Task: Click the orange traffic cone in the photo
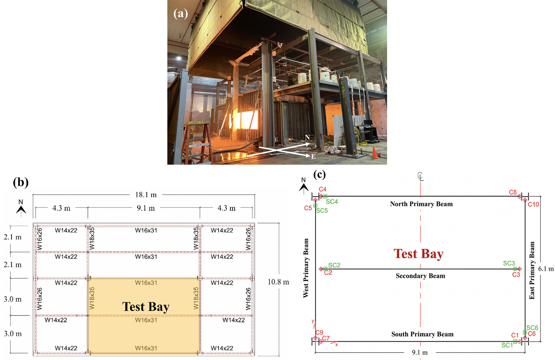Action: pyautogui.click(x=375, y=153)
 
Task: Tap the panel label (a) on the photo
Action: pyautogui.click(x=181, y=13)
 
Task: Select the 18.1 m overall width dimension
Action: pyautogui.click(x=146, y=195)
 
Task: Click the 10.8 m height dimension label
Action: pyautogui.click(x=278, y=282)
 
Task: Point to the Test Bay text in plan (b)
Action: pyautogui.click(x=146, y=307)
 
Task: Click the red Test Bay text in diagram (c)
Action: pyautogui.click(x=418, y=254)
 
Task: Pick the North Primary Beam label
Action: pyautogui.click(x=421, y=204)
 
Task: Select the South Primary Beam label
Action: pyautogui.click(x=422, y=334)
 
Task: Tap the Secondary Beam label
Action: pyautogui.click(x=420, y=276)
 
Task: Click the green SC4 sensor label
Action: pyautogui.click(x=332, y=202)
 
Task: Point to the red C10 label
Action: pyautogui.click(x=533, y=205)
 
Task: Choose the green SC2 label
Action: pyautogui.click(x=334, y=265)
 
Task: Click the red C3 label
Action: pyautogui.click(x=516, y=275)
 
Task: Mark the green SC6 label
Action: pyautogui.click(x=532, y=328)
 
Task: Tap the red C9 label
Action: pyautogui.click(x=319, y=332)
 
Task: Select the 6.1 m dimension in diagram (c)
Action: pyautogui.click(x=546, y=269)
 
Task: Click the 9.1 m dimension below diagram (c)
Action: pyautogui.click(x=420, y=352)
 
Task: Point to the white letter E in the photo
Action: pyautogui.click(x=313, y=156)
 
